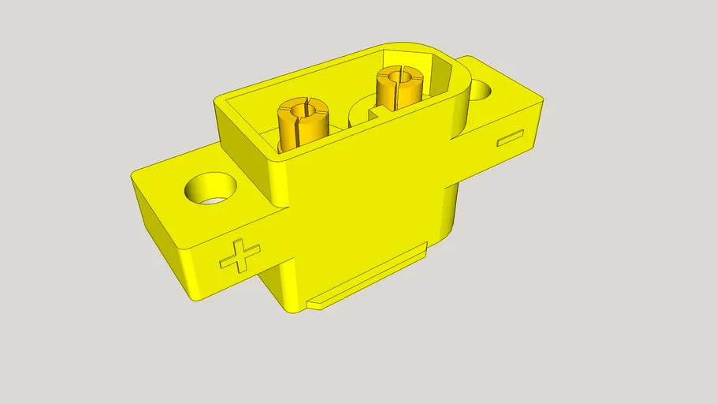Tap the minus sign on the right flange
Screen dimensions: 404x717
pos(511,138)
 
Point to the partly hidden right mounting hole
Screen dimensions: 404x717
pos(480,91)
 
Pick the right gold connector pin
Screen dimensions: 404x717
pos(399,88)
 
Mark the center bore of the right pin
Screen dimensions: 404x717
pos(400,75)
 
